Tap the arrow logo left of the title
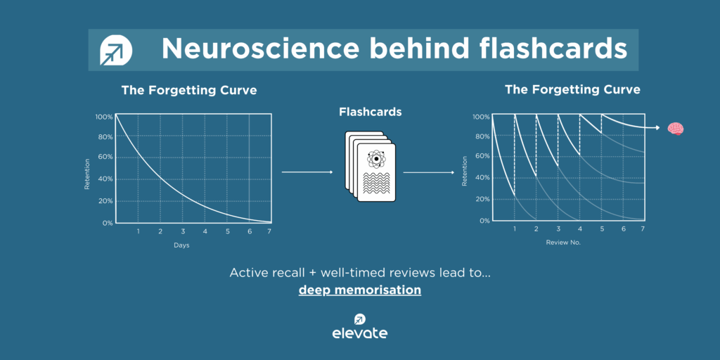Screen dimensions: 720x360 point(116,50)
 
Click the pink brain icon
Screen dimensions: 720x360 point(676,129)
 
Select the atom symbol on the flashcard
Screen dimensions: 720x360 point(376,159)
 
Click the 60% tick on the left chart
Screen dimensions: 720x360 point(104,157)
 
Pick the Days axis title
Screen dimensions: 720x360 point(181,245)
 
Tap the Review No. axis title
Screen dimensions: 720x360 point(563,242)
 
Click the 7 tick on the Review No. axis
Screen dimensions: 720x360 point(643,229)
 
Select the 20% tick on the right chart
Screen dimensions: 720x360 point(481,199)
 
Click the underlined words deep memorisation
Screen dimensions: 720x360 point(359,290)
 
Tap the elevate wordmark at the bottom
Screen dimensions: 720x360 point(359,333)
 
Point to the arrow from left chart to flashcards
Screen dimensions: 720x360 point(307,172)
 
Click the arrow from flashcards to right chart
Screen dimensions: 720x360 point(428,172)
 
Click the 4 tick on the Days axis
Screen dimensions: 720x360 point(205,231)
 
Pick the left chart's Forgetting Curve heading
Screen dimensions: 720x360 point(188,90)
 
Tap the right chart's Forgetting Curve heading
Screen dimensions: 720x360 point(572,89)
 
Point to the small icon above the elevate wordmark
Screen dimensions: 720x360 point(359,319)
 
